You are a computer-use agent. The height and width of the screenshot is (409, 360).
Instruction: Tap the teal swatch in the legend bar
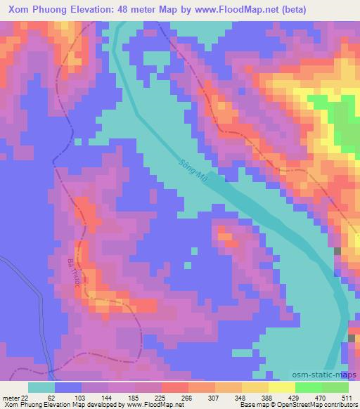[x=41, y=387]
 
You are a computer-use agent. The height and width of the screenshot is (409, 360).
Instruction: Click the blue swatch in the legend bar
[x=68, y=387]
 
